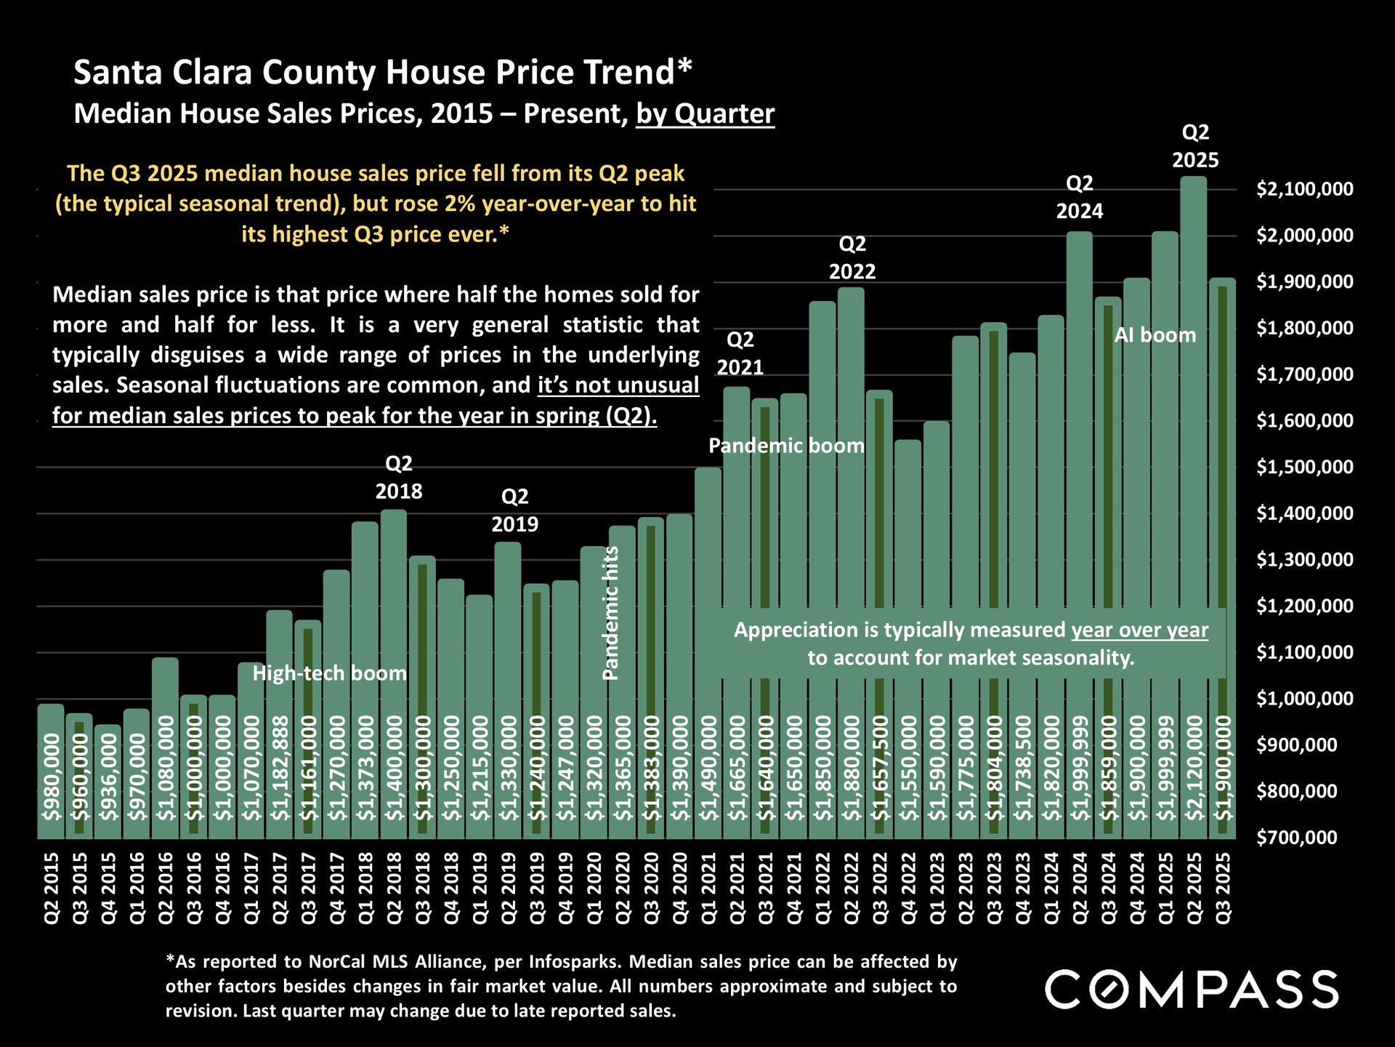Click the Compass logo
coord(1192,989)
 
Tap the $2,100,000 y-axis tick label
coord(1305,189)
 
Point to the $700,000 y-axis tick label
coord(1297,838)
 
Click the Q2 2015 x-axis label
coord(52,888)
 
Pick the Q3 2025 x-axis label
coord(1224,888)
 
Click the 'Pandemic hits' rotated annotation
coord(611,613)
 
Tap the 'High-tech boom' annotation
coord(329,673)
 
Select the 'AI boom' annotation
coord(1155,335)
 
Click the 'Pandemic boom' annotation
coord(786,446)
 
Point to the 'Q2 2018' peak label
coord(398,477)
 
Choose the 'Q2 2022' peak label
coord(852,257)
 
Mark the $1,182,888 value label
coord(280,768)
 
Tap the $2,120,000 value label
coord(1194,768)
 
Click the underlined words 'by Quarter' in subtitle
coord(705,114)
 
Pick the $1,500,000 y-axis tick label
coord(1305,467)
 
